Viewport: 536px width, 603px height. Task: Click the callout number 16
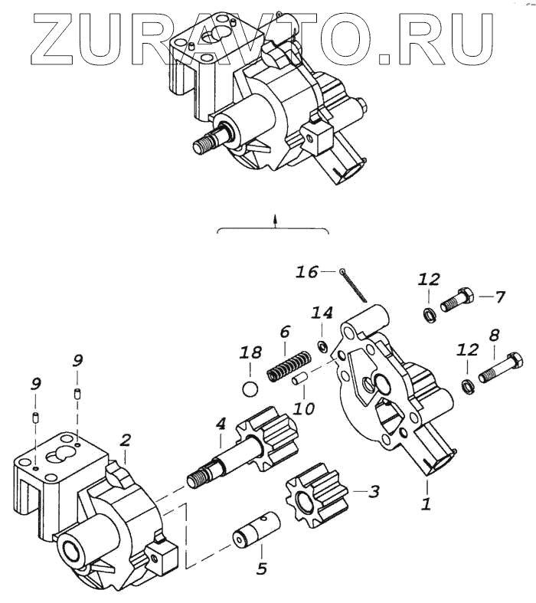307,273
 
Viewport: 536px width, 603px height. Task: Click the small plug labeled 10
300,377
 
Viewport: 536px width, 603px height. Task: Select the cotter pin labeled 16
355,284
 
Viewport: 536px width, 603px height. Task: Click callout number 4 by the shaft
221,422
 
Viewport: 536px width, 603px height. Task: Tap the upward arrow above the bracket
273,220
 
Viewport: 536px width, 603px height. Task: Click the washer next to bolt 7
428,312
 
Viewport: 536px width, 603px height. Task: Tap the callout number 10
305,408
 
